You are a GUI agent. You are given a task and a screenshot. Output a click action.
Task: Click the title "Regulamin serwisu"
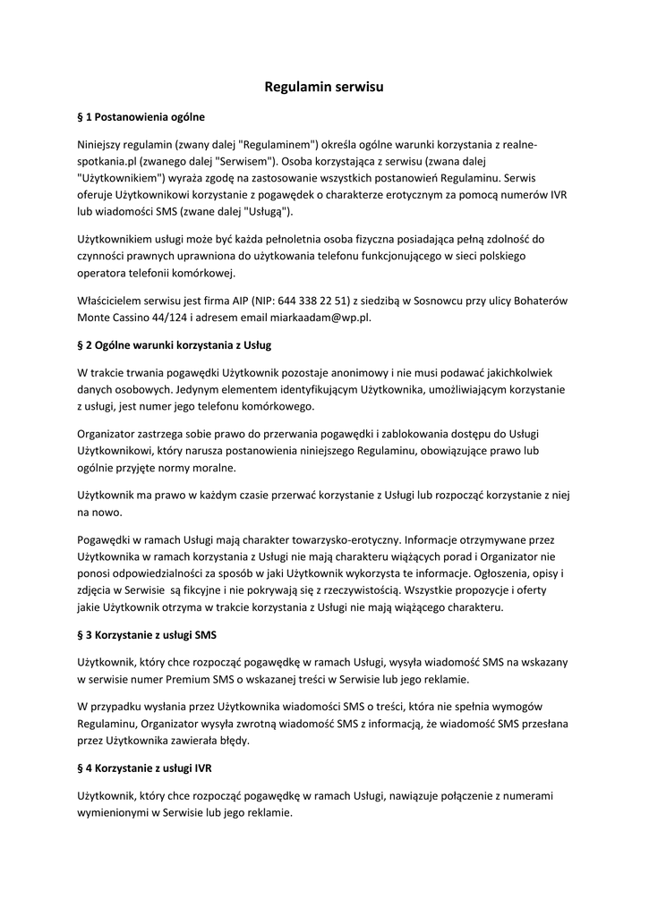point(324,88)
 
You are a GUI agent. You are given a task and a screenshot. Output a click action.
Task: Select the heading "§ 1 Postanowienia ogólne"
point(141,116)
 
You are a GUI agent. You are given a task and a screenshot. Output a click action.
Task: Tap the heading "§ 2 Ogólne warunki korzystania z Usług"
point(175,344)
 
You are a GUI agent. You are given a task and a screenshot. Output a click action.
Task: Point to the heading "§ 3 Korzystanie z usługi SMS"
point(148,635)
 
